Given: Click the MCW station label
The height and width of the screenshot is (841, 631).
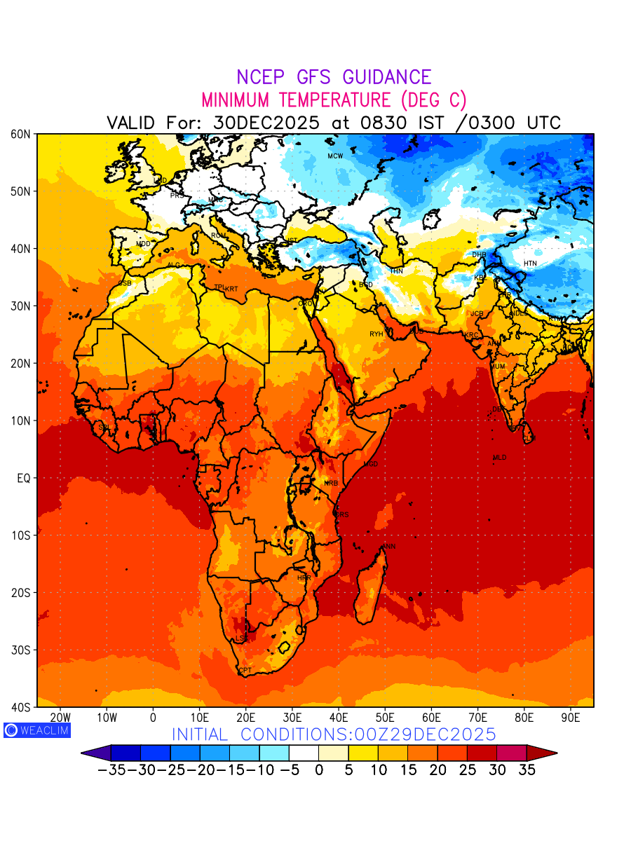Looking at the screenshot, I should (x=335, y=156).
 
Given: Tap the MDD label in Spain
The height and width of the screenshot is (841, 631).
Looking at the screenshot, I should (x=143, y=244).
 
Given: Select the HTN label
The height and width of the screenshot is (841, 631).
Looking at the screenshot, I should (x=530, y=264).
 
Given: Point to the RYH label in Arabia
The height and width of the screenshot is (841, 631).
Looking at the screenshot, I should (x=376, y=334).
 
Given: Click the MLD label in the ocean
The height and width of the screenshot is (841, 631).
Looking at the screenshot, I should (x=499, y=458).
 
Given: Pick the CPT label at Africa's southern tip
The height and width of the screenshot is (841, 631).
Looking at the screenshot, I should (x=245, y=671).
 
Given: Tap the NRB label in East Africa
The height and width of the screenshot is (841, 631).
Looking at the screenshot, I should (x=331, y=484).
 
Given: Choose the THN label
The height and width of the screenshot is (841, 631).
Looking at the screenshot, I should (x=396, y=271).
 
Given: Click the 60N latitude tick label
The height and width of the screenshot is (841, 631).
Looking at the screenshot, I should (x=22, y=134).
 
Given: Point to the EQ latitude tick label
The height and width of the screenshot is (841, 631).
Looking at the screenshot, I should (x=24, y=478).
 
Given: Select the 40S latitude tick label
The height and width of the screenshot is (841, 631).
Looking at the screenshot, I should (x=22, y=707).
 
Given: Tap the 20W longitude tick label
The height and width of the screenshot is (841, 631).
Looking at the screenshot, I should (x=61, y=718).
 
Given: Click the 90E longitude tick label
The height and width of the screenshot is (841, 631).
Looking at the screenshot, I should (x=571, y=718).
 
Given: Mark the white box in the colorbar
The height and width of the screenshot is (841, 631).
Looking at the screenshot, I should (x=304, y=753).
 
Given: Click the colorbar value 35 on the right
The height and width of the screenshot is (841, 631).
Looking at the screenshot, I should (x=527, y=770).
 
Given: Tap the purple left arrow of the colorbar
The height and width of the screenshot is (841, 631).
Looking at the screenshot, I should (x=96, y=753).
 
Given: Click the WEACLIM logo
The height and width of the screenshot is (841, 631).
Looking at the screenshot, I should (x=36, y=730).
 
